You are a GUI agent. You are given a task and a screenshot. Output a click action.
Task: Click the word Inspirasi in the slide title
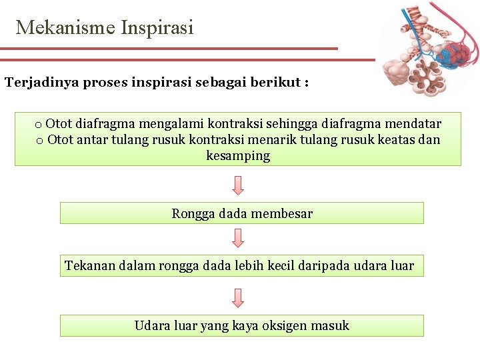pyautogui.click(x=157, y=27)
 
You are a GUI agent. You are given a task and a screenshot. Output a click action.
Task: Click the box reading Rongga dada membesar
pyautogui.click(x=241, y=213)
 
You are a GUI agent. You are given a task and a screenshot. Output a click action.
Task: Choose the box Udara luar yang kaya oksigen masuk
pyautogui.click(x=241, y=325)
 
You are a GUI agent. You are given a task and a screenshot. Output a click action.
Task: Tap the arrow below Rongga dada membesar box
pyautogui.click(x=238, y=237)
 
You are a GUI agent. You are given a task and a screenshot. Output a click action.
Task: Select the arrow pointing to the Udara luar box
pyautogui.click(x=238, y=297)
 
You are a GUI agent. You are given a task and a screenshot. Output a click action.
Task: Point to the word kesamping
pyautogui.click(x=238, y=156)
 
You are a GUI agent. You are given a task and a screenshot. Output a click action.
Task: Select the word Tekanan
pyautogui.click(x=89, y=266)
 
